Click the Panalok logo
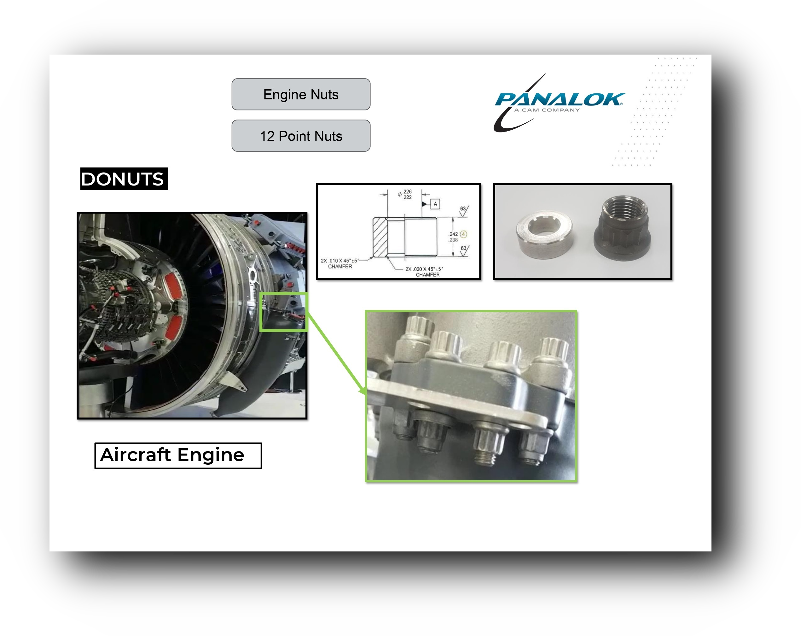(559, 103)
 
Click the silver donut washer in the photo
(545, 234)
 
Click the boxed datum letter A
(435, 204)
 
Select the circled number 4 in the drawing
(463, 234)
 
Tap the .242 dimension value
(453, 234)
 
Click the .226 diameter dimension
(407, 191)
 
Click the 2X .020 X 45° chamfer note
(424, 272)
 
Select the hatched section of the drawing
(380, 237)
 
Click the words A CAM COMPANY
(547, 110)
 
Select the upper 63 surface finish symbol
(464, 210)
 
